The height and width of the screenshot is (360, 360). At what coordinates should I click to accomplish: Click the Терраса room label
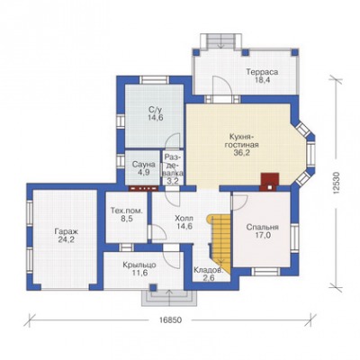(262, 72)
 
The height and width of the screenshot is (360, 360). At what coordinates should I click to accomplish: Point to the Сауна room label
(144, 165)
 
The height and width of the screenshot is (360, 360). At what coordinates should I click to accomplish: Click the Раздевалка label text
(174, 166)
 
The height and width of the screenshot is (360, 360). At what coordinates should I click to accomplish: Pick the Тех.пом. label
(127, 211)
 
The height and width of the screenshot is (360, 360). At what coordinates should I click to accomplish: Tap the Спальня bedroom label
(263, 228)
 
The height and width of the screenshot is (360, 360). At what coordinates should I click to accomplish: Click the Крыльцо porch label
(139, 265)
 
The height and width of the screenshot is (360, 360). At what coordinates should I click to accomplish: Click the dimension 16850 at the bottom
(170, 320)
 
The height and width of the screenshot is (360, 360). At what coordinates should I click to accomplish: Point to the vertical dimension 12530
(337, 184)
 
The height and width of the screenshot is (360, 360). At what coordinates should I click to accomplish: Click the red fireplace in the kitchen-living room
(269, 182)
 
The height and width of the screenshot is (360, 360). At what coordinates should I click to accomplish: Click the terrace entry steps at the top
(221, 41)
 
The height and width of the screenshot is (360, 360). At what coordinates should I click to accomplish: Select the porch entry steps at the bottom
(168, 298)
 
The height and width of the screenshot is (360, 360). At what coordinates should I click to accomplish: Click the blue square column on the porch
(153, 287)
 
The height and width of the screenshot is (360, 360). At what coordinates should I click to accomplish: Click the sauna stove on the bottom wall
(143, 188)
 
